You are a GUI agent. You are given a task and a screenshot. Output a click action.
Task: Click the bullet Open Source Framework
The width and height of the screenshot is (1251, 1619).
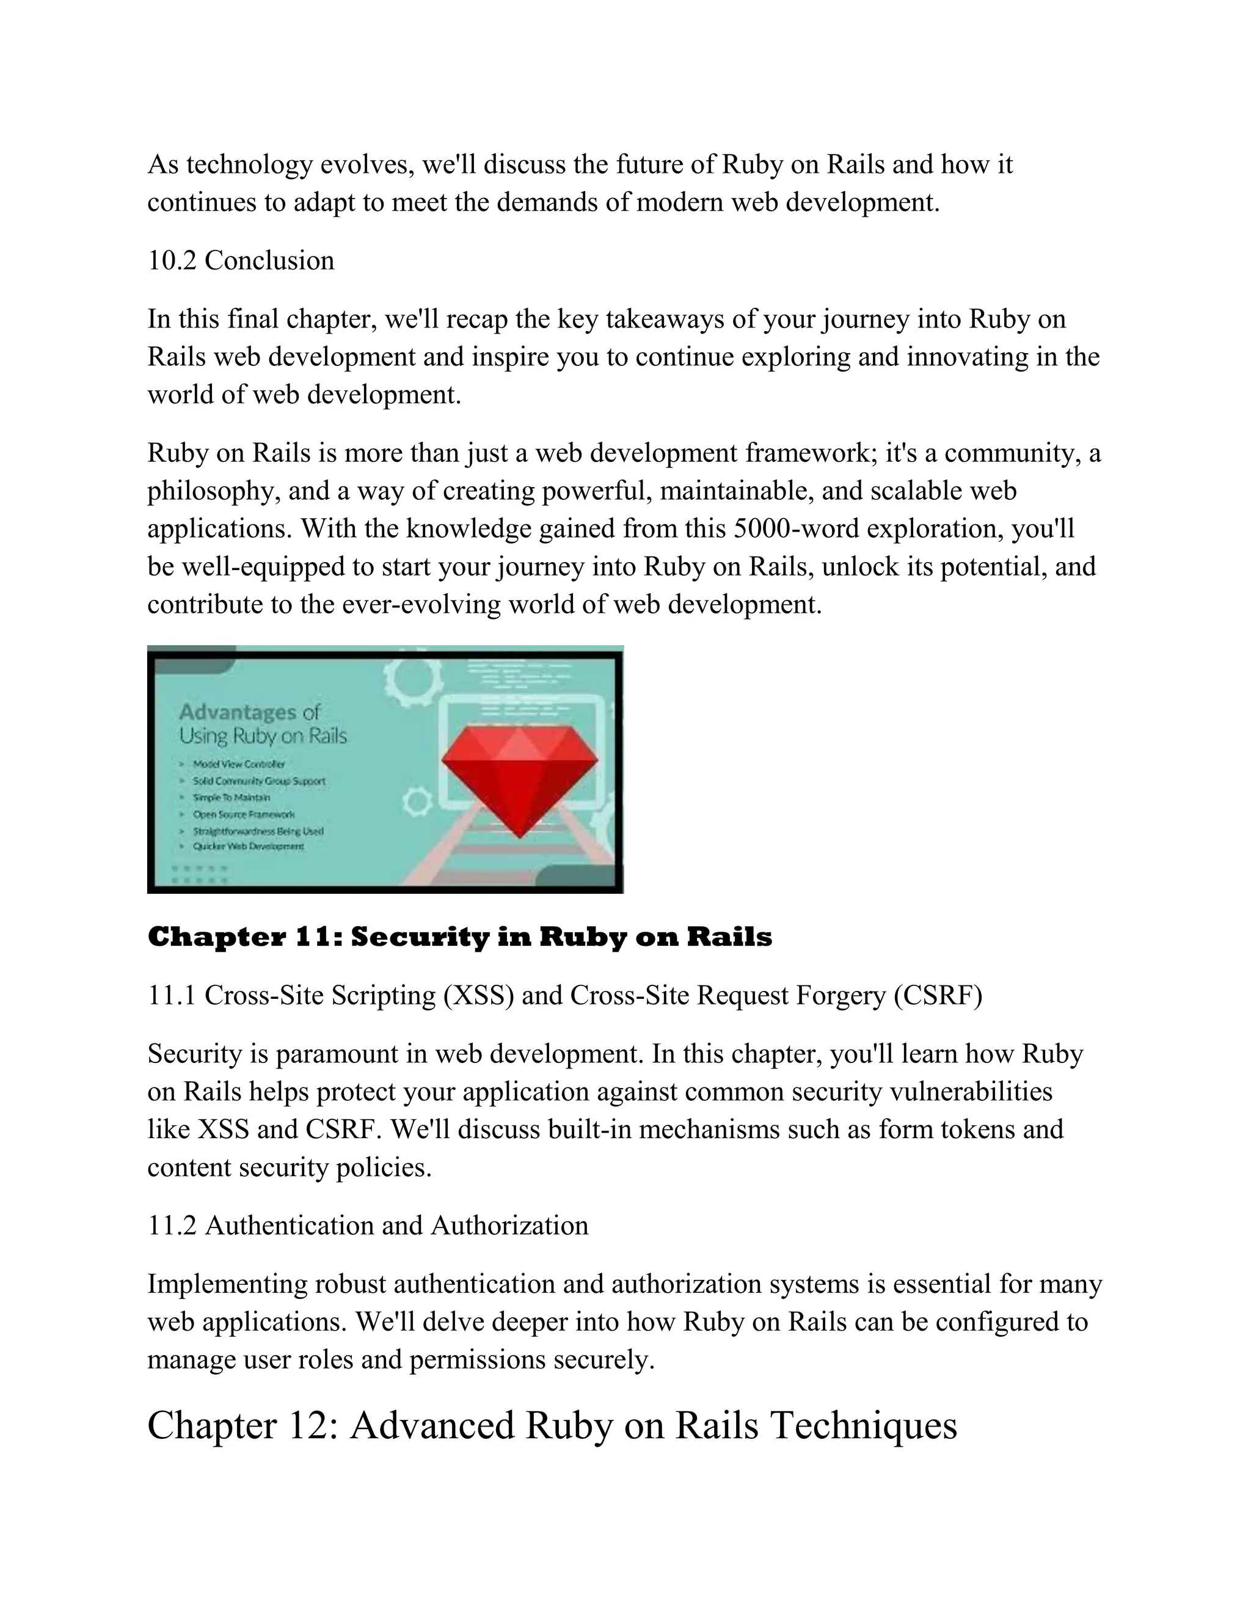(243, 814)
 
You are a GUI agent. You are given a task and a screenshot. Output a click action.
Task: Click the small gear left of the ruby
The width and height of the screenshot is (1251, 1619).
(417, 802)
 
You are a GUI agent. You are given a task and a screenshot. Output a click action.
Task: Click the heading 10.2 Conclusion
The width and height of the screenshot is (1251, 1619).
(241, 261)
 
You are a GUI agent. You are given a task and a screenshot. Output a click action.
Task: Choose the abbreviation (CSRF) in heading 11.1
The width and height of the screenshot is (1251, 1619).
(938, 996)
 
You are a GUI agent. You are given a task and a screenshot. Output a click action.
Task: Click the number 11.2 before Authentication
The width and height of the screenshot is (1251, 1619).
(172, 1226)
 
